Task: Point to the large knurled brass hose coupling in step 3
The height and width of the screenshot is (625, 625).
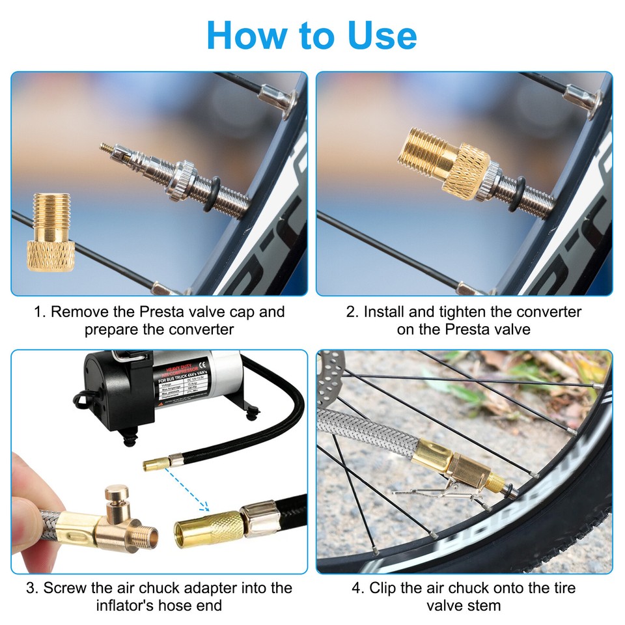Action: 206,528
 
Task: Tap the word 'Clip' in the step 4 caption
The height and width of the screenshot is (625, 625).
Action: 383,588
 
